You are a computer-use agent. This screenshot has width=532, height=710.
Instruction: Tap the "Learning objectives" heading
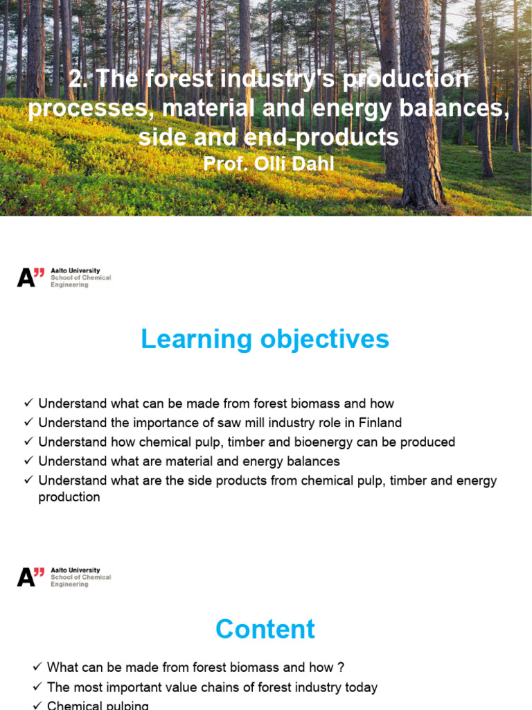tap(265, 340)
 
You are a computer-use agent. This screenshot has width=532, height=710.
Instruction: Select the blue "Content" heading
tap(265, 629)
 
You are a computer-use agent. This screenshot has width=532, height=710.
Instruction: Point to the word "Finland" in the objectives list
tap(380, 423)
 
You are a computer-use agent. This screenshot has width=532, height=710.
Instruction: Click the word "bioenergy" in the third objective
tap(307, 442)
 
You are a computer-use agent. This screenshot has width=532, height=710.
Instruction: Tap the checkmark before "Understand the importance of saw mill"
tap(28, 423)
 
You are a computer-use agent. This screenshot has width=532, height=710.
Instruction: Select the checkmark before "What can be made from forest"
tap(37, 668)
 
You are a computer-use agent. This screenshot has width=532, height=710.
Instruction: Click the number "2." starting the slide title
tap(79, 79)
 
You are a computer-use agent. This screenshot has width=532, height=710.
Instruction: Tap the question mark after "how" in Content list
tap(340, 668)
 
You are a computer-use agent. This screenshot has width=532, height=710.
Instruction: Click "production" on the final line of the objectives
tap(69, 497)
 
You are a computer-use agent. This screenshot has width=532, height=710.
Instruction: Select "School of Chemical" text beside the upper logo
tap(80, 277)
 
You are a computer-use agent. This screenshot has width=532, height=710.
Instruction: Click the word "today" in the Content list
tap(360, 687)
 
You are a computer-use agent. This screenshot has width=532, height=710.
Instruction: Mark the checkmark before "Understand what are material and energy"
tap(28, 461)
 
